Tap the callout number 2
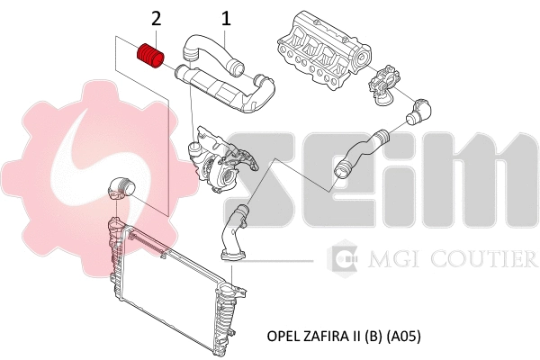tap(157, 17)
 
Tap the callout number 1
tap(226, 17)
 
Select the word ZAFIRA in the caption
tap(327, 336)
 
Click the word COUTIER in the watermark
tap(494, 260)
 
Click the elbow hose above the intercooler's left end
tap(118, 187)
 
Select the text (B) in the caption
tap(373, 336)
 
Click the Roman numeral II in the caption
tap(356, 336)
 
